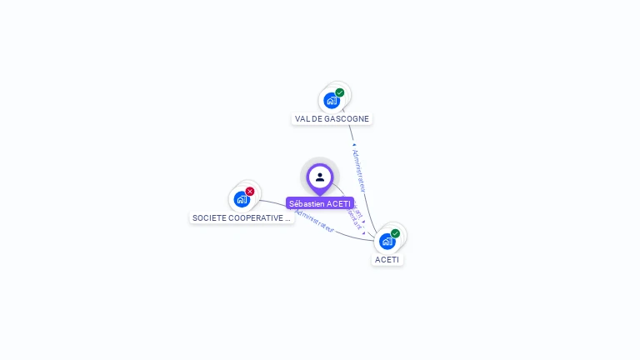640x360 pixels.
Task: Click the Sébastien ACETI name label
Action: click(320, 203)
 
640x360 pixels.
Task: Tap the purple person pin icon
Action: click(320, 177)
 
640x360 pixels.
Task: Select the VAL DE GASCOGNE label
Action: click(332, 119)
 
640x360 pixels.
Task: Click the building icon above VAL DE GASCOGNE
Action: click(332, 101)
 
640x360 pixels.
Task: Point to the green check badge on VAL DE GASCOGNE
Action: click(340, 92)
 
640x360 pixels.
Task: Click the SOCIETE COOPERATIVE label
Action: click(242, 218)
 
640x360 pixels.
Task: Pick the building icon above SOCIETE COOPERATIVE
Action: click(242, 199)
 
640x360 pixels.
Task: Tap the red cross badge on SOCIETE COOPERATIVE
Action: click(250, 192)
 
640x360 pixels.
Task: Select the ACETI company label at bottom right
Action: click(387, 259)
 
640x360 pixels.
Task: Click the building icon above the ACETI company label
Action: click(387, 242)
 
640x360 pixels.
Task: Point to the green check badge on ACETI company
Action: click(395, 233)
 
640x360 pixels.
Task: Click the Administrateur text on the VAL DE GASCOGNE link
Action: click(359, 170)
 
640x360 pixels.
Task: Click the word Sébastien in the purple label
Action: click(307, 203)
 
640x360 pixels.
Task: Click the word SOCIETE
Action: click(210, 218)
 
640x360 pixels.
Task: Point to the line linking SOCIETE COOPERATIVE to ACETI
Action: click(350, 234)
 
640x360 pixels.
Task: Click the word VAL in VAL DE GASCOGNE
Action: click(302, 119)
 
